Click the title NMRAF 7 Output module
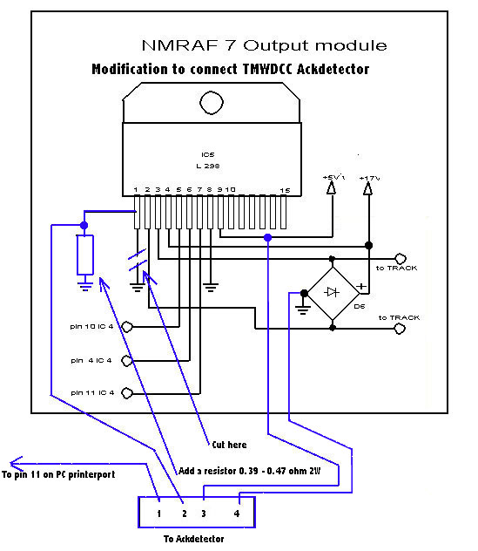point(265,45)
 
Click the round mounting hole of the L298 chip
point(212,103)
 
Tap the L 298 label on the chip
point(208,166)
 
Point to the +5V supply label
point(333,177)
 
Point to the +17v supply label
point(369,178)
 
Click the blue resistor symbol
point(85,255)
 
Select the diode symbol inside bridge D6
point(332,292)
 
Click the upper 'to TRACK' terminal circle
point(401,259)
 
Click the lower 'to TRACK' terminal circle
point(400,329)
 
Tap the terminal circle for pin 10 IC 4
point(127,327)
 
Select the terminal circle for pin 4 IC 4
point(127,361)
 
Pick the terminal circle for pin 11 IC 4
point(127,393)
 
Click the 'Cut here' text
point(229,445)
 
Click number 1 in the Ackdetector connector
point(159,514)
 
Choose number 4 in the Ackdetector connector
point(237,514)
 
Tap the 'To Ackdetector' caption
point(194,539)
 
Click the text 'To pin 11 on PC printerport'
point(58,474)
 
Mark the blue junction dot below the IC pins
point(268,238)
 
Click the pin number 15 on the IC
point(285,190)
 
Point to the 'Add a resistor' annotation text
point(249,471)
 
